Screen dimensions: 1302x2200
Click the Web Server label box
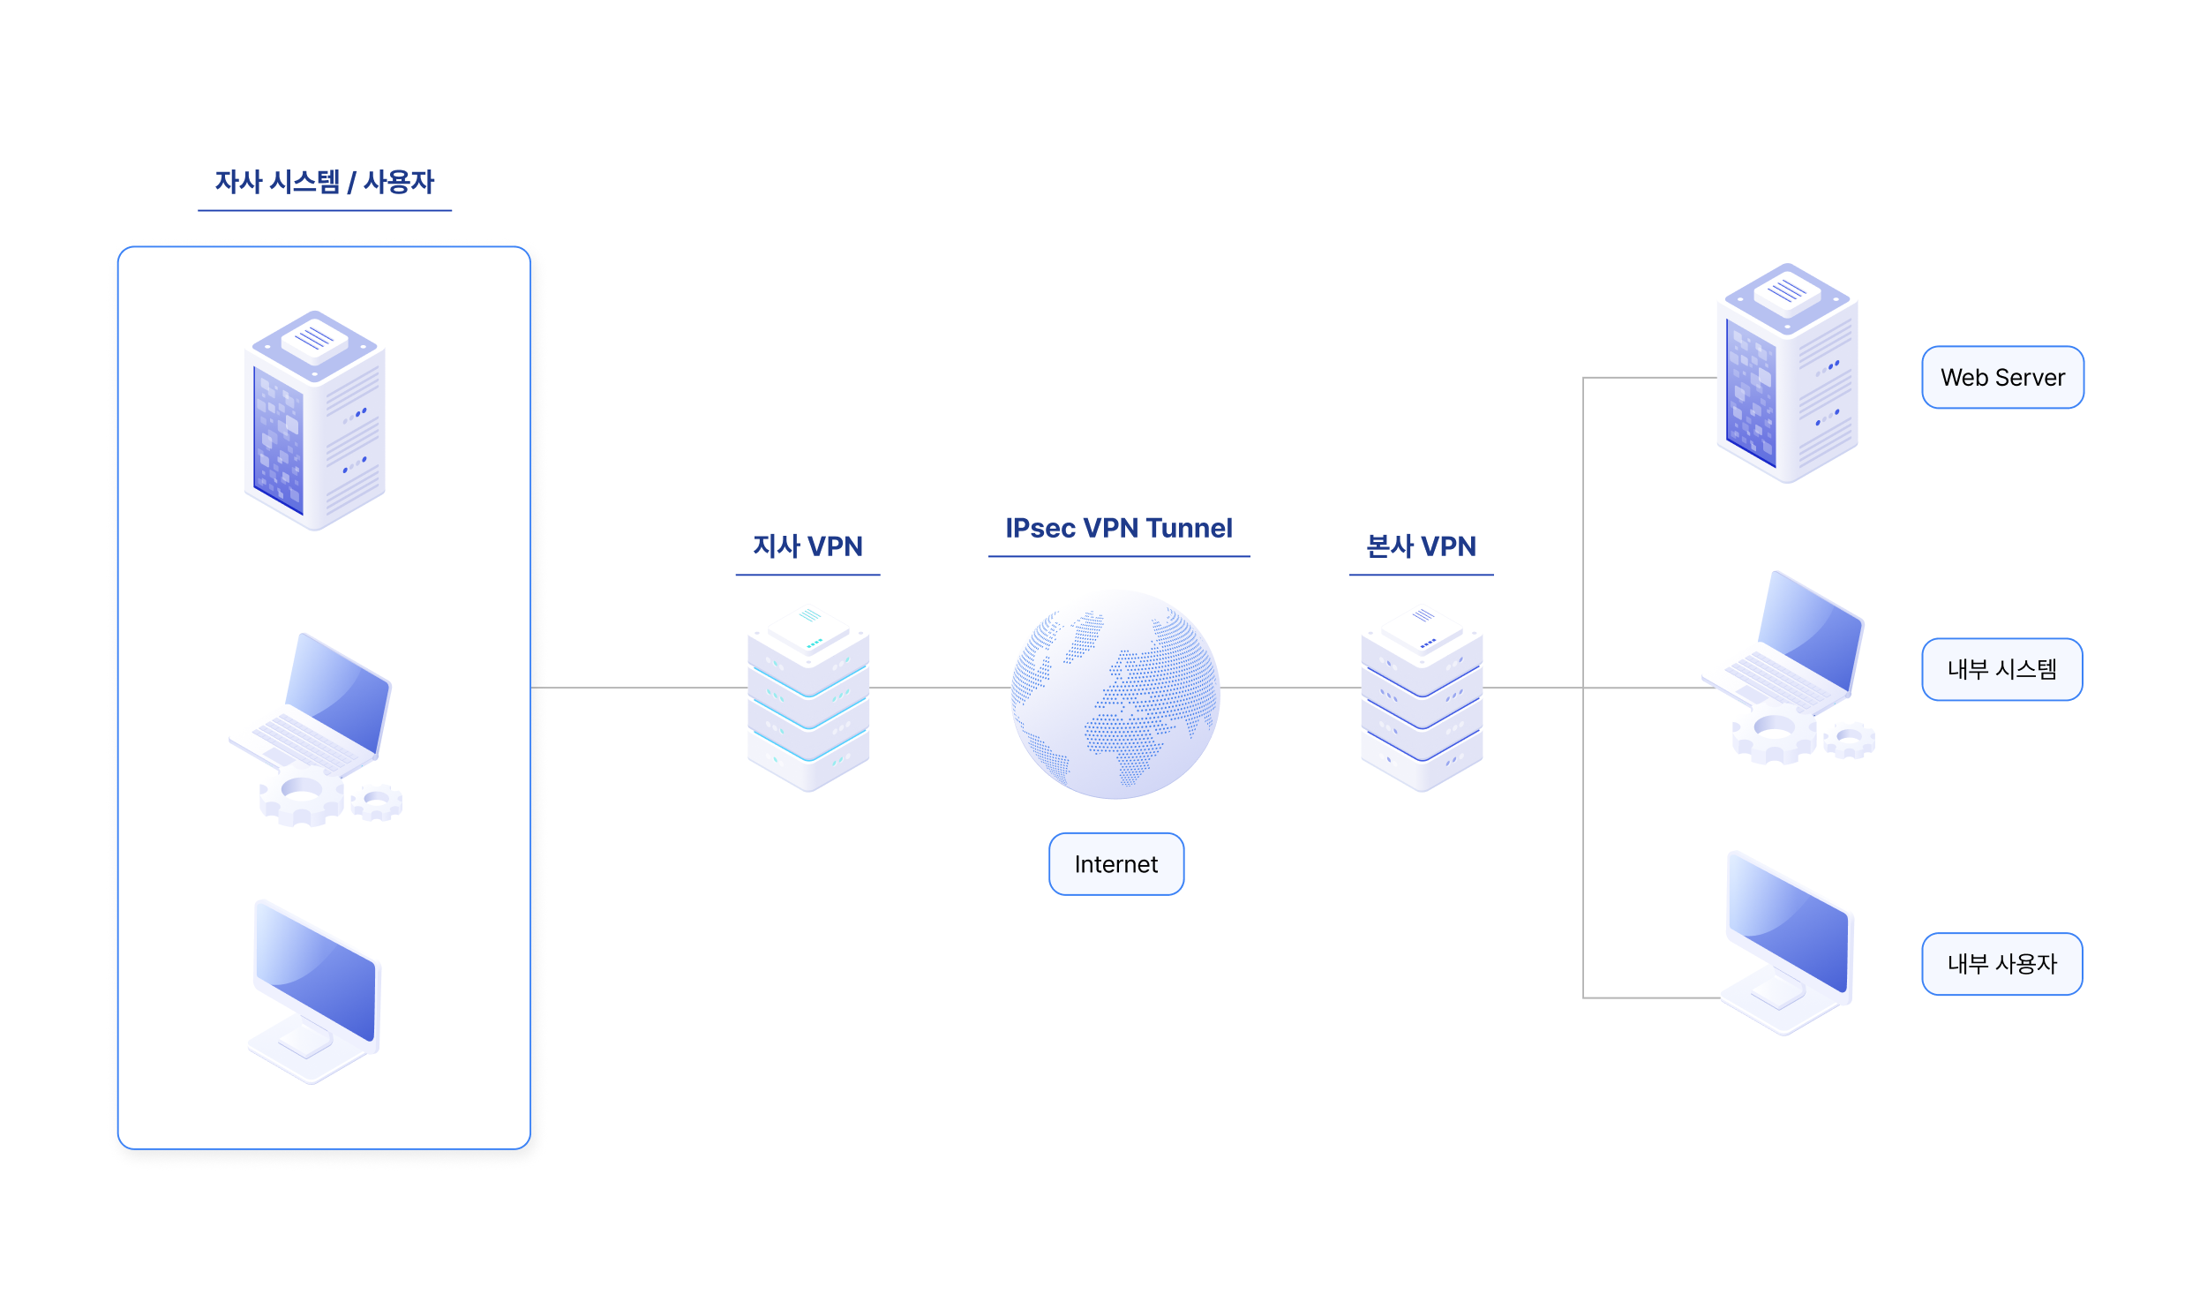pos(2001,377)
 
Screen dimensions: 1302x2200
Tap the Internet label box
pos(1115,863)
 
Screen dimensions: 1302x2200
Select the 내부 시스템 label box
pos(2001,669)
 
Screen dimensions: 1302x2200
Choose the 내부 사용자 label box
pos(2001,963)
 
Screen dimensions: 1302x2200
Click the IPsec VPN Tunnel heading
pos(1118,528)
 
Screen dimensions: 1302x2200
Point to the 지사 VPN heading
pos(807,546)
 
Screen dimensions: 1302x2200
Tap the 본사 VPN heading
pos(1420,546)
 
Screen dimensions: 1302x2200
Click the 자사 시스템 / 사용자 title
pos(324,182)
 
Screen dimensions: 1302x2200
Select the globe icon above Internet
pos(1115,694)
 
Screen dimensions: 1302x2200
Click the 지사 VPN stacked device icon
pos(807,697)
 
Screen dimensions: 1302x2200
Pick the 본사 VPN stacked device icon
pos(1421,697)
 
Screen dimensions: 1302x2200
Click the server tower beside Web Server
pos(1787,373)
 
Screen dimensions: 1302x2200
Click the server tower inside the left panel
pos(314,420)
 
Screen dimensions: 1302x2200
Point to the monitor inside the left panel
pos(315,990)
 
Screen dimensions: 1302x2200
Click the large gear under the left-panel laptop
pos(301,795)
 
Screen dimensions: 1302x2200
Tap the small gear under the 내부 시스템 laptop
pos(1849,740)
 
